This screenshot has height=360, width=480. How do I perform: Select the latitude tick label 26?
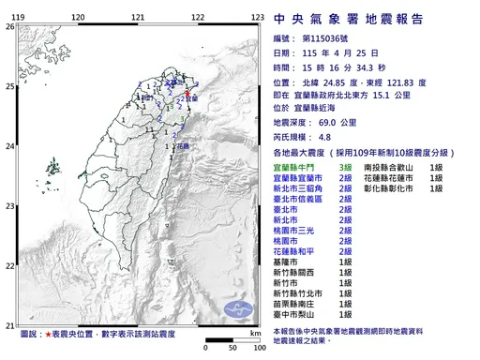tap(9, 27)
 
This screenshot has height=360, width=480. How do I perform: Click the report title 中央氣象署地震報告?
tap(352, 18)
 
